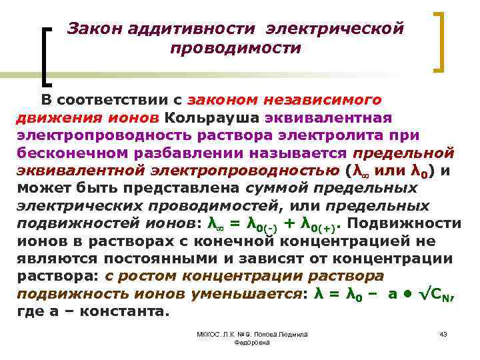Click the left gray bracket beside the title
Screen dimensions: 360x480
tap(47, 56)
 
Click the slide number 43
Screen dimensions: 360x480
tap(443, 333)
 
